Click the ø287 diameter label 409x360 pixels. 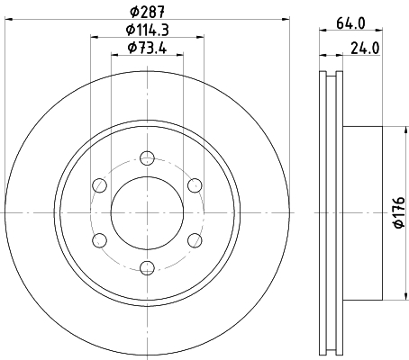click(x=147, y=12)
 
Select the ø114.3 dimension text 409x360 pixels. click(x=147, y=30)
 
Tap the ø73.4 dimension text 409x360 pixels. click(x=147, y=48)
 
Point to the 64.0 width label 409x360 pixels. click(x=350, y=23)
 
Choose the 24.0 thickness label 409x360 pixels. click(x=365, y=49)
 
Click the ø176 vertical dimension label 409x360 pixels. click(x=400, y=212)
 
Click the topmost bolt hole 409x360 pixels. click(x=148, y=158)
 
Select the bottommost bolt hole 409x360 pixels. click(x=148, y=268)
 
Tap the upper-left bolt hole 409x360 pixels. click(x=100, y=185)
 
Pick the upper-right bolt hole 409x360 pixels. click(x=195, y=185)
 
